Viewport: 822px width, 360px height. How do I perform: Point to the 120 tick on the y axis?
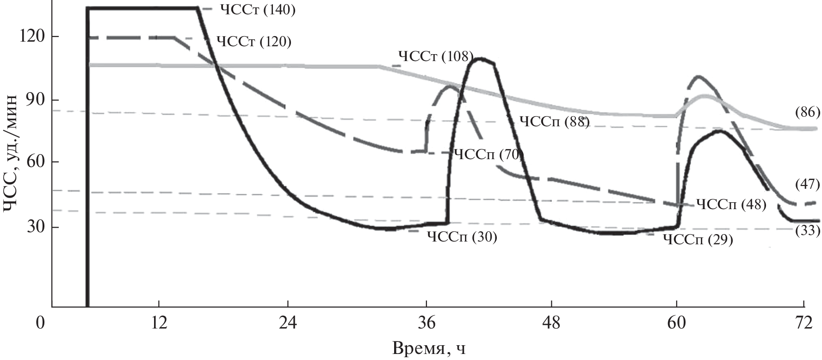pos(33,36)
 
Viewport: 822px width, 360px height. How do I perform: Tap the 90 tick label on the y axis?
pos(33,100)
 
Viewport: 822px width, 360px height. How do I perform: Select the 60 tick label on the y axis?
pos(33,162)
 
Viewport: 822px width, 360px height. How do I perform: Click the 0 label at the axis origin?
pos(41,323)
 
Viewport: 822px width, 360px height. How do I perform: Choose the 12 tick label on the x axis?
pos(159,323)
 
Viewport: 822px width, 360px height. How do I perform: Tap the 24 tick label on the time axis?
pos(288,323)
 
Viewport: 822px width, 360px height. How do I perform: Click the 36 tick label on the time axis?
pos(426,323)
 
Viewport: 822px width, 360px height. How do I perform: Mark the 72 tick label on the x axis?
pos(803,323)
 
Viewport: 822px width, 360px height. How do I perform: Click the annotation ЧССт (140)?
pos(257,10)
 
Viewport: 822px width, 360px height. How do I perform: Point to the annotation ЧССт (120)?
pos(254,42)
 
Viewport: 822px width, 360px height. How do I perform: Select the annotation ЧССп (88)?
pos(554,122)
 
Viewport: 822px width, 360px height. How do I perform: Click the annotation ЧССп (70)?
pos(488,154)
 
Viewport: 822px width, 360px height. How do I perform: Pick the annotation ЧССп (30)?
pos(462,237)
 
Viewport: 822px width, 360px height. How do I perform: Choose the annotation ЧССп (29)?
pos(698,240)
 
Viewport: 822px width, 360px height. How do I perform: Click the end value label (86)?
pos(807,112)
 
